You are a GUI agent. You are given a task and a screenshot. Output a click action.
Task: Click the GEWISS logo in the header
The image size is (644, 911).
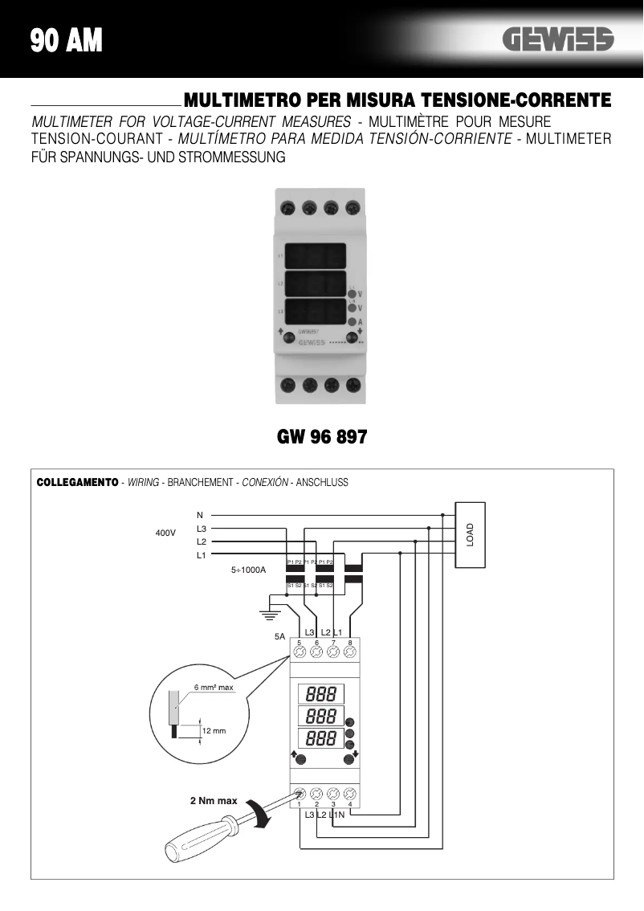pos(558,39)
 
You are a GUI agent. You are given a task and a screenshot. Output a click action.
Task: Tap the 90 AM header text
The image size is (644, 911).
pos(67,40)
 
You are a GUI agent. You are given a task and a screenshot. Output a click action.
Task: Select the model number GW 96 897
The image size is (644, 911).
pos(322,438)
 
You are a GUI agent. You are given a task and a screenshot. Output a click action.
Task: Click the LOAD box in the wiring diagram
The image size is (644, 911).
pos(470,534)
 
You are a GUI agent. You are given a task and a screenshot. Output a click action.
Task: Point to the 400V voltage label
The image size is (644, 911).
pos(165,533)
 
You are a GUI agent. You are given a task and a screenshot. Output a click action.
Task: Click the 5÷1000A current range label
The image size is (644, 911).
pos(248,570)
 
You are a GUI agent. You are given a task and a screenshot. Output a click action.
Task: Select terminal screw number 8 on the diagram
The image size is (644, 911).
pos(350,652)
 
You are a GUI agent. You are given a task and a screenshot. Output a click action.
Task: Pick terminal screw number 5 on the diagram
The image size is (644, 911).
pos(299,652)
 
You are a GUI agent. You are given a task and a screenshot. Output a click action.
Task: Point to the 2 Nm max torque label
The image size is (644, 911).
pos(214,801)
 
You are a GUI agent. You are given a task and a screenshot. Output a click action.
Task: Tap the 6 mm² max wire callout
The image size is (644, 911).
pos(213,688)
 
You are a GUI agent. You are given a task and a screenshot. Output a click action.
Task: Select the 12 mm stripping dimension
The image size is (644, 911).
pos(214,731)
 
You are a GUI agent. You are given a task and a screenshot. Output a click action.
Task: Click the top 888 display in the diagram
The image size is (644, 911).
pos(320,693)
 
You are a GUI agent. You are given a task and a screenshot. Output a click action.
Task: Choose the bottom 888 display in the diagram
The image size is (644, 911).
pos(320,737)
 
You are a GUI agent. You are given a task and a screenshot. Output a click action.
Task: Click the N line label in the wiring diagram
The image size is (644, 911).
pos(200,514)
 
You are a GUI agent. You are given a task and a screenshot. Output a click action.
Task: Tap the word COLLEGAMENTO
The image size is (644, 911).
pos(77,483)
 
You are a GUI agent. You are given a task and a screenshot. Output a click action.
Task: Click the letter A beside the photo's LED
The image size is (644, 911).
pos(360,322)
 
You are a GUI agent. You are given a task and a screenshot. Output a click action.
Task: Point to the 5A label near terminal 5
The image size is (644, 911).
pos(279,636)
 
